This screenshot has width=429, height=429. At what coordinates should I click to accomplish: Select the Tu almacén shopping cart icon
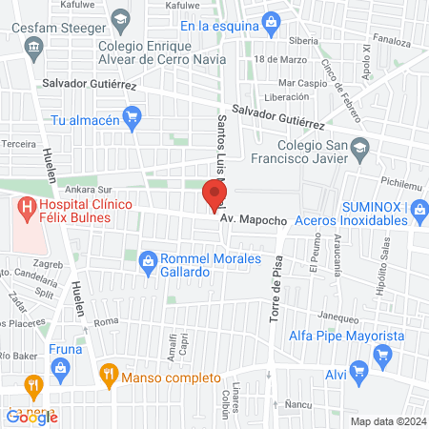[133, 120]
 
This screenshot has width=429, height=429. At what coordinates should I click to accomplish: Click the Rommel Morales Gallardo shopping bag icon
[148, 258]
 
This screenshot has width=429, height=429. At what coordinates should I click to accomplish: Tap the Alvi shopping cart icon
[358, 371]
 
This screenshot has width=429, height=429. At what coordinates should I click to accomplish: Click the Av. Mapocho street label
[254, 220]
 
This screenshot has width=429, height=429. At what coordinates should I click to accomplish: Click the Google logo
[31, 417]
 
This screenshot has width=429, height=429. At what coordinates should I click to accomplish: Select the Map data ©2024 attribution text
[388, 420]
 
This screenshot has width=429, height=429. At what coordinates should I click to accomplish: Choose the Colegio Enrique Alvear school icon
[121, 20]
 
